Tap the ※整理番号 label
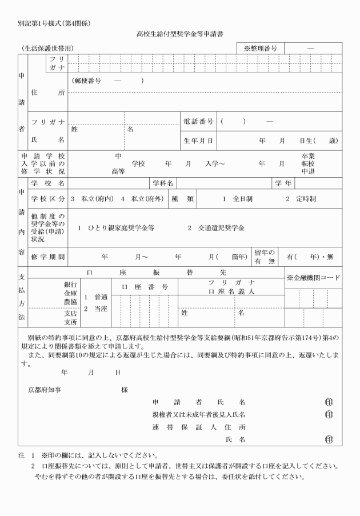[x=260, y=49]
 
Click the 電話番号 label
[x=199, y=121]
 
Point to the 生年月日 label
[x=199, y=139]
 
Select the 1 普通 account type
[x=95, y=297]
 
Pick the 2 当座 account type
[x=95, y=309]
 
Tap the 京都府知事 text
[x=46, y=389]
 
